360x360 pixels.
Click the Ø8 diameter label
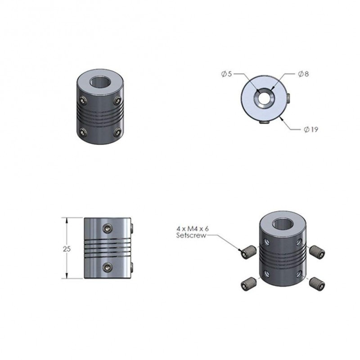click(x=302, y=74)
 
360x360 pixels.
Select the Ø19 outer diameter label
click(x=311, y=130)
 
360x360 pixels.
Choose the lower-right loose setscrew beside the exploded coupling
click(x=316, y=283)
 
